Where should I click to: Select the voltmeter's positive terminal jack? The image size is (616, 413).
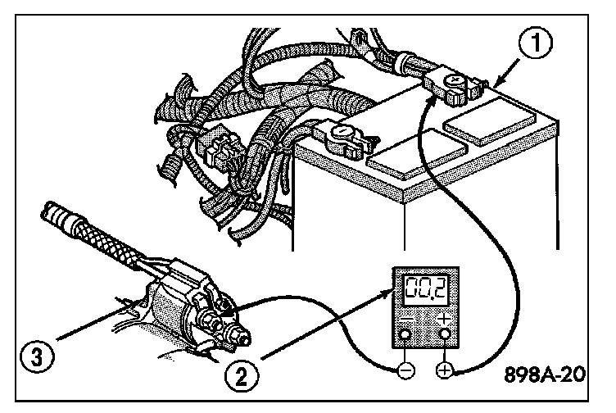tap(443, 334)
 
